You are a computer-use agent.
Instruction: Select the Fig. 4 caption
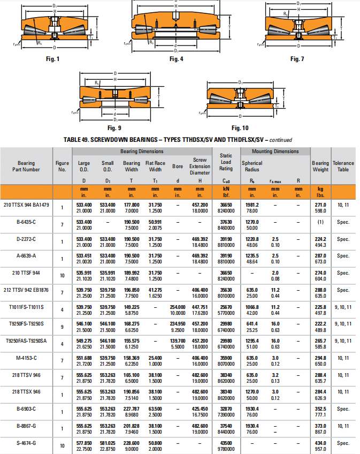[x=177, y=59]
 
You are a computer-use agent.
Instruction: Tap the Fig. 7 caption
[x=297, y=59]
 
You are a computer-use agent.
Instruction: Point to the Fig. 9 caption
[x=114, y=128]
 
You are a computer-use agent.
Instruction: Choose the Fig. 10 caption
[x=240, y=128]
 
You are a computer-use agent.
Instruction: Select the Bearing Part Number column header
[x=26, y=166]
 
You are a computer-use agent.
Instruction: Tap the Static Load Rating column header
[x=226, y=162]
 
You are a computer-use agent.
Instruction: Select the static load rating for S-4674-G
[x=226, y=446]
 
